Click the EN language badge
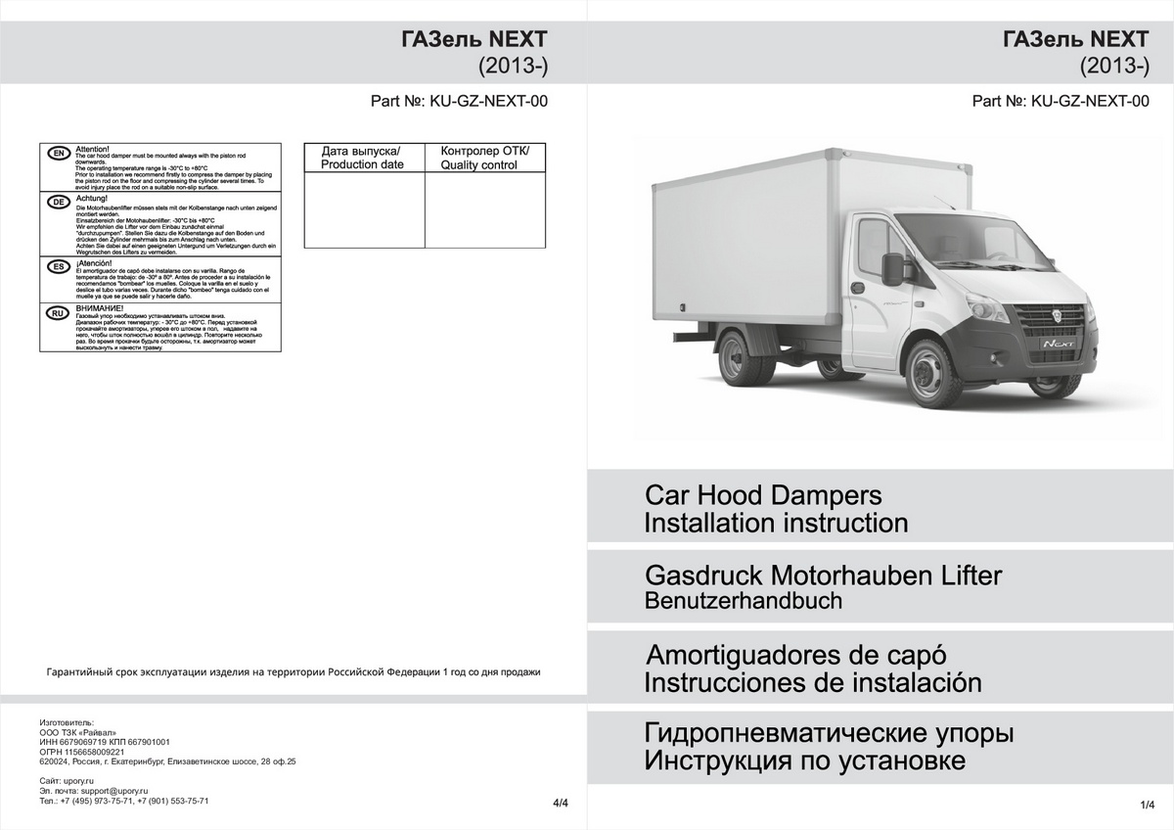coord(59,154)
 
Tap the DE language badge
coord(59,203)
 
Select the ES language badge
coord(59,266)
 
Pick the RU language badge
coord(59,313)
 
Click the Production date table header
coord(363,158)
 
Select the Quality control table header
coord(484,158)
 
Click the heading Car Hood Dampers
coord(763,494)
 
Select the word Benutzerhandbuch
coord(743,601)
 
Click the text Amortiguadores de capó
coord(796,654)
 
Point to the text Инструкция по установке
coord(804,761)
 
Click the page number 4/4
coord(561,804)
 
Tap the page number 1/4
coord(1148,804)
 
